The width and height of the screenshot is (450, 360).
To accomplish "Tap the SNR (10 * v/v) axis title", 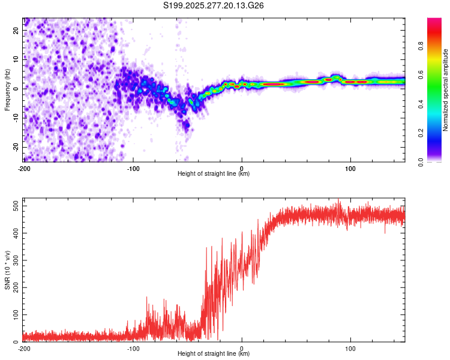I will (7, 270).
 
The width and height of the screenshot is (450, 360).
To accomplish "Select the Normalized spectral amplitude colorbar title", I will (445, 90).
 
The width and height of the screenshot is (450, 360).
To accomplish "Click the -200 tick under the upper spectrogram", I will (24, 167).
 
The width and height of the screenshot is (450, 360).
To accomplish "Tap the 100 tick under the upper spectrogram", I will (351, 167).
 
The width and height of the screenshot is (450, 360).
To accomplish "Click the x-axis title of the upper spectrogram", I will (214, 174).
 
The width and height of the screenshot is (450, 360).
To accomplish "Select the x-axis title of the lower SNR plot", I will (214, 354).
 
